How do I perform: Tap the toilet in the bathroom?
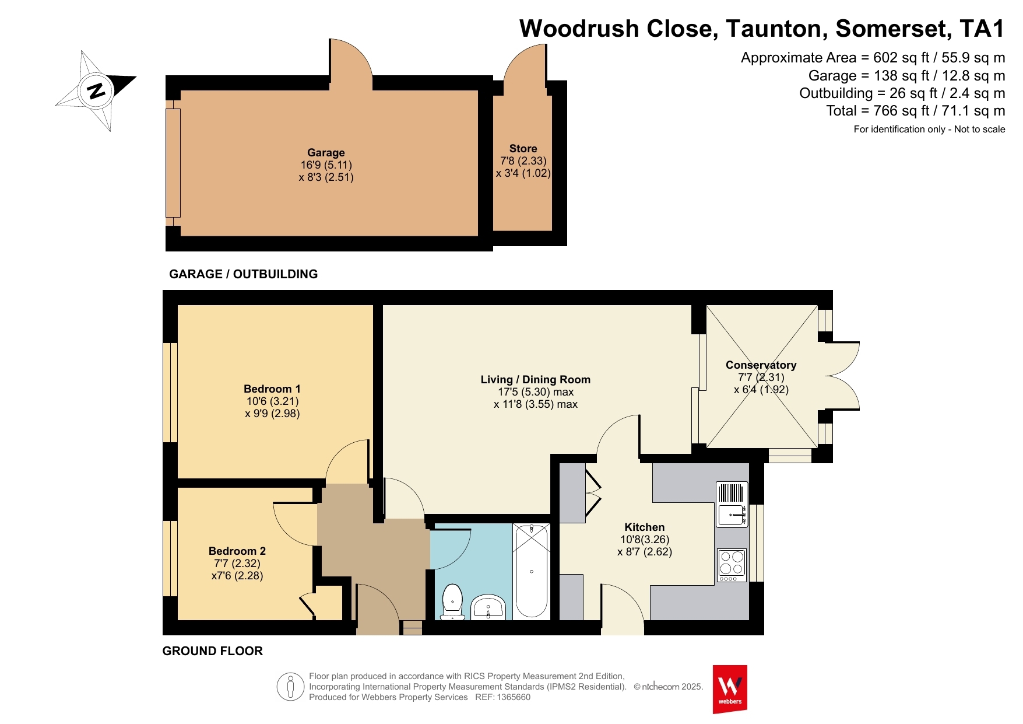click(x=452, y=602)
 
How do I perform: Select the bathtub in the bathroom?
click(x=531, y=570)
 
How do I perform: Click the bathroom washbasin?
click(x=488, y=607)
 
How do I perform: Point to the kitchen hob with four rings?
click(x=732, y=565)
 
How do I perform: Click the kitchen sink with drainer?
click(x=732, y=505)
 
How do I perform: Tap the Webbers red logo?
click(x=730, y=689)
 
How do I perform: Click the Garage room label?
click(x=326, y=152)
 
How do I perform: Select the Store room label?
click(x=523, y=148)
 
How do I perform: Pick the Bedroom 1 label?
click(x=272, y=389)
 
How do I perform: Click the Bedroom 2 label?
click(x=237, y=551)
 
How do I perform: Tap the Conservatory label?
click(x=761, y=365)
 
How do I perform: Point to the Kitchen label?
click(x=645, y=527)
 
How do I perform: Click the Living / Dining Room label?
click(x=536, y=379)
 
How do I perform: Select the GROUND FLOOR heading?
click(x=213, y=650)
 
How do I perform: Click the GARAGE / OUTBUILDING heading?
click(x=244, y=274)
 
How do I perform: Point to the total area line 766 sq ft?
click(x=916, y=110)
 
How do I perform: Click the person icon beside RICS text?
click(x=290, y=686)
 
